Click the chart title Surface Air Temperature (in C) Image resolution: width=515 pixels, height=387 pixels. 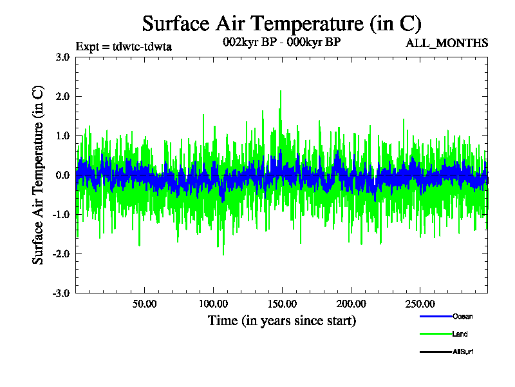[x=281, y=24]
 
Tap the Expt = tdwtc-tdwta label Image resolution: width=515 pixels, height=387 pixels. [x=124, y=46]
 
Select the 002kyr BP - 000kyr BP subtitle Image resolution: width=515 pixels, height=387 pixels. [x=281, y=42]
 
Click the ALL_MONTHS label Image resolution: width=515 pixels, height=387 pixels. [x=446, y=43]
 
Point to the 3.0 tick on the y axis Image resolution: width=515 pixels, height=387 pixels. [x=62, y=57]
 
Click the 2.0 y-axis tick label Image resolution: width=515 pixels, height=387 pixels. [x=62, y=96]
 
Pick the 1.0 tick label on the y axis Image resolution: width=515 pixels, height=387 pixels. [x=62, y=135]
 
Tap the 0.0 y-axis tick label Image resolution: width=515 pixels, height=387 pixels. [x=62, y=175]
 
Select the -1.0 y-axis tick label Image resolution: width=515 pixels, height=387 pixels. [x=61, y=214]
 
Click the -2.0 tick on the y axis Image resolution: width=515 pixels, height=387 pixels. [x=61, y=253]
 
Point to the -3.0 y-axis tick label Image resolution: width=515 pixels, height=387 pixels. [x=61, y=293]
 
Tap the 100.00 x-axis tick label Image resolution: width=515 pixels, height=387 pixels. [x=213, y=304]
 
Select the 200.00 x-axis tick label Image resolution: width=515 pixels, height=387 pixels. [x=351, y=304]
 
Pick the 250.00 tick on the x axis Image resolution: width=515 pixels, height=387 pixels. [x=419, y=304]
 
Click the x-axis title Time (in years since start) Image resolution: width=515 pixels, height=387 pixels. [x=281, y=321]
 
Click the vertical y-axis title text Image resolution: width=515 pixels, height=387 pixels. [x=39, y=175]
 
